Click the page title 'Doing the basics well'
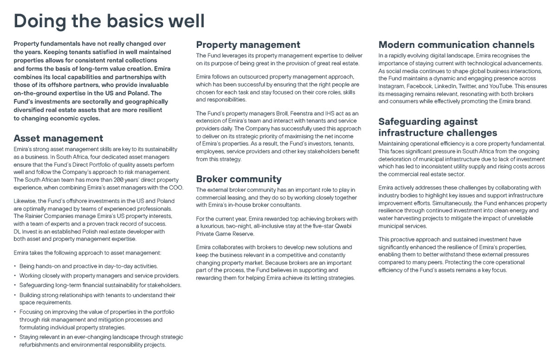coord(109,21)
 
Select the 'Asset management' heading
coord(58,138)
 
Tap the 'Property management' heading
coord(248,45)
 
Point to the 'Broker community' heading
coord(239,179)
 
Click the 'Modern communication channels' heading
coord(456,45)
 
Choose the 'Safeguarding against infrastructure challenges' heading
coord(438,127)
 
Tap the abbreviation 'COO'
coord(176,188)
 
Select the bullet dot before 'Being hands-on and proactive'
coord(15,267)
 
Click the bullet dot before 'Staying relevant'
coord(15,337)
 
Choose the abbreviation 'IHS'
coord(325,113)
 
